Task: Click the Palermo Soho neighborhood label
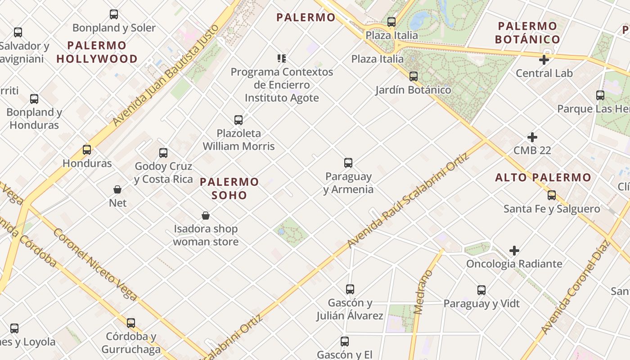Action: click(229, 189)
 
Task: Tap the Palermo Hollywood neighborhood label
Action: click(97, 52)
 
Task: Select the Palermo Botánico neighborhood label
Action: click(527, 33)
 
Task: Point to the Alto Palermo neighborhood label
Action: click(543, 178)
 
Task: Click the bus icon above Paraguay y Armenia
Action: click(348, 162)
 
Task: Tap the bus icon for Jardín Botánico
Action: click(414, 76)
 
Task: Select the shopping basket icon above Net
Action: click(117, 189)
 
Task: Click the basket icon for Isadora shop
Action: click(206, 216)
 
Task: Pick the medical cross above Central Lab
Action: click(544, 59)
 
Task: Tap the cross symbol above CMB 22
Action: click(532, 137)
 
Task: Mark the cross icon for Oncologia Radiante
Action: click(514, 250)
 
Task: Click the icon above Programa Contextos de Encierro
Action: click(282, 58)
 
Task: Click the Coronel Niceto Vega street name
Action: click(95, 264)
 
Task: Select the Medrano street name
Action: click(423, 292)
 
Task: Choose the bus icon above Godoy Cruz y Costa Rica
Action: click(163, 153)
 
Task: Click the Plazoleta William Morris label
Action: click(238, 139)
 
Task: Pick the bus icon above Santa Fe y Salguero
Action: click(552, 195)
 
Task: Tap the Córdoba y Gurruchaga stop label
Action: click(131, 343)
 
